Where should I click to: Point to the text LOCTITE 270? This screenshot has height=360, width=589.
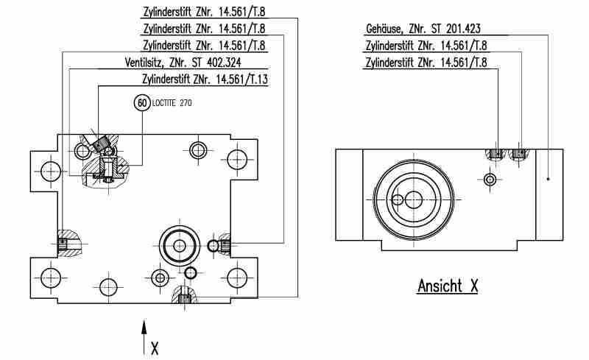point(171,105)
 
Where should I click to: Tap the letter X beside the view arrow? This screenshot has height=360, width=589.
point(154,347)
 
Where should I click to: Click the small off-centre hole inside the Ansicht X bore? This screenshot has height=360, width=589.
point(398,200)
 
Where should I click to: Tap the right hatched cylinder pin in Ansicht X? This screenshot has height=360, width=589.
point(520,154)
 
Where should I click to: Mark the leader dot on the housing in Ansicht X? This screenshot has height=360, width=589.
point(549,178)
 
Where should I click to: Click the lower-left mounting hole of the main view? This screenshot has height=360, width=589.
point(49,278)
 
